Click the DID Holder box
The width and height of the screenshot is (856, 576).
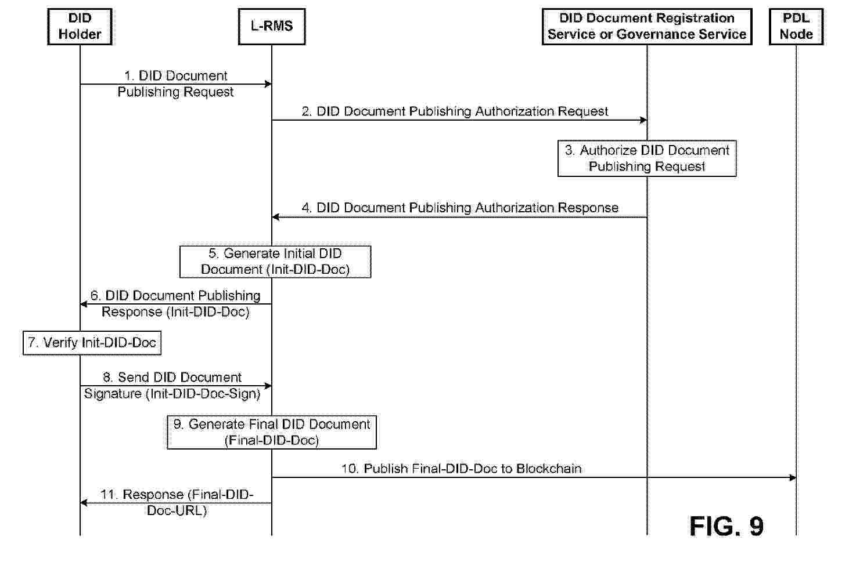pyautogui.click(x=80, y=27)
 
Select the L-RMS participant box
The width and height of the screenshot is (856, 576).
pyautogui.click(x=272, y=27)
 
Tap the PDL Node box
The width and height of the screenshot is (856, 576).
pyautogui.click(x=796, y=27)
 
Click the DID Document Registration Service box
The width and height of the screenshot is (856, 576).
pyautogui.click(x=647, y=27)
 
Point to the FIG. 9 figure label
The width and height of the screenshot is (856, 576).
pyautogui.click(x=726, y=526)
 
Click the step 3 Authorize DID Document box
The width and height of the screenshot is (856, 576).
pyautogui.click(x=647, y=158)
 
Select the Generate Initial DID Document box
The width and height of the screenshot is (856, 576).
pyautogui.click(x=275, y=262)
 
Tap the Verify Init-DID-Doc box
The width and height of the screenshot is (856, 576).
pyautogui.click(x=92, y=343)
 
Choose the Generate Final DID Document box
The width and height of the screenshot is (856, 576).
pyautogui.click(x=272, y=432)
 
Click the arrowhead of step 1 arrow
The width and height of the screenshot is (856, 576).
pyautogui.click(x=268, y=84)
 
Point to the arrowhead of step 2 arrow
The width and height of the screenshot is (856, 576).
pyautogui.click(x=643, y=120)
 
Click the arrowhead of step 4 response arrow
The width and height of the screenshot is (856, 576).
pyautogui.click(x=275, y=217)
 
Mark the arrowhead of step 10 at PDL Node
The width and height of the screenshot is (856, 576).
pyautogui.click(x=793, y=477)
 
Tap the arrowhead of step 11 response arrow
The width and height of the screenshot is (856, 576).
pyautogui.click(x=84, y=503)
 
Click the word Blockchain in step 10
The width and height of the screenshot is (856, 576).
pyautogui.click(x=549, y=468)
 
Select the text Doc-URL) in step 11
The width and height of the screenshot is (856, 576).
pyautogui.click(x=177, y=510)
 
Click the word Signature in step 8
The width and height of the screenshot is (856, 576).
pyautogui.click(x=113, y=393)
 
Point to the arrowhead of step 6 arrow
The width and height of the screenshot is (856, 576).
pyautogui.click(x=84, y=304)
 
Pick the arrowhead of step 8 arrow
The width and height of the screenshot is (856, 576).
pyautogui.click(x=268, y=386)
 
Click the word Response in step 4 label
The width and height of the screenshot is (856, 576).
pyautogui.click(x=588, y=208)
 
